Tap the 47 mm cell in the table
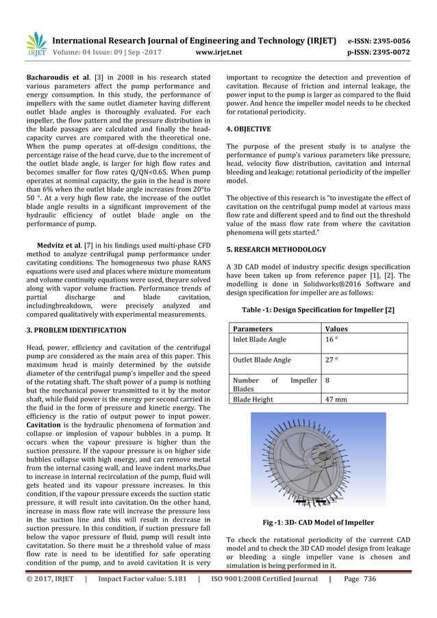pos(335,399)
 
